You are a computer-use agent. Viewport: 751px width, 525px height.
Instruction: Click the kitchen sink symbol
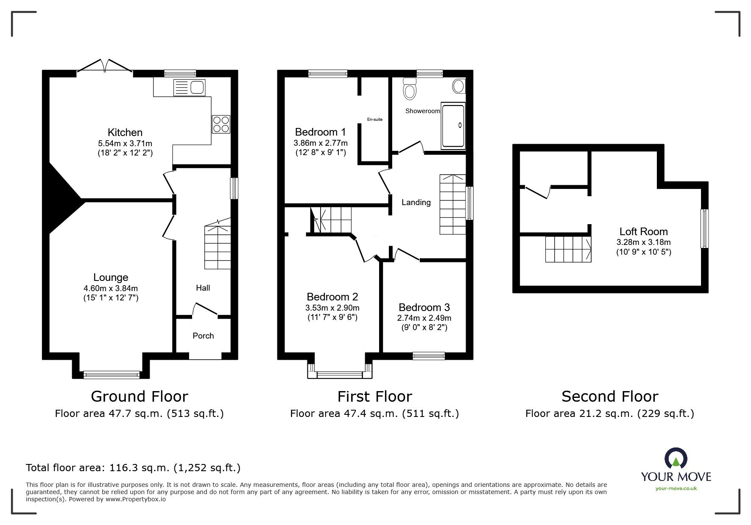coord(189,87)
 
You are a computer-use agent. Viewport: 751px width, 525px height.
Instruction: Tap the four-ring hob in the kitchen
coord(221,124)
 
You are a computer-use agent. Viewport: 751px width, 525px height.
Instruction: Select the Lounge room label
coord(111,278)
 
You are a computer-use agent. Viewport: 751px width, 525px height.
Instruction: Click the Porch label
coord(203,336)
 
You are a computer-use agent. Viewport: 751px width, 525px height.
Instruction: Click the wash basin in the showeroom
coord(458,86)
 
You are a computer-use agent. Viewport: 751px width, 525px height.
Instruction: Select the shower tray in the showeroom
coord(453,125)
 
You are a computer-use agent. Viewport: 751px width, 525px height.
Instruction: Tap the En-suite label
coord(374,119)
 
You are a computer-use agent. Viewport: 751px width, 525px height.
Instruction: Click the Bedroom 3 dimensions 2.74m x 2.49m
coord(424,318)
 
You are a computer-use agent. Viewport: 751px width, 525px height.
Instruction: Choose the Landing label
coord(416,203)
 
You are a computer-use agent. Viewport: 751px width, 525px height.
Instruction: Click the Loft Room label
coord(643,231)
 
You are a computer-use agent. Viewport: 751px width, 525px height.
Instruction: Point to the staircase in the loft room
coord(568,249)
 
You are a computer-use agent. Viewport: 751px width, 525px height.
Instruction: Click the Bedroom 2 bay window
coord(340,374)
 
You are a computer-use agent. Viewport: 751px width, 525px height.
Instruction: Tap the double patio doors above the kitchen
coord(105,67)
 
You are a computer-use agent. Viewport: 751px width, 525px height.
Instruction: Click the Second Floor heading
coord(609,397)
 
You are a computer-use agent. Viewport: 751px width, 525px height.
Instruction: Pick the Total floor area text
coord(133,468)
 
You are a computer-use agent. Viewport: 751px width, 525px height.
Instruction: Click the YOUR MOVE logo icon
coord(676,459)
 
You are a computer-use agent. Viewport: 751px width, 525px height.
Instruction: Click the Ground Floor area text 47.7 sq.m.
coord(139,414)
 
